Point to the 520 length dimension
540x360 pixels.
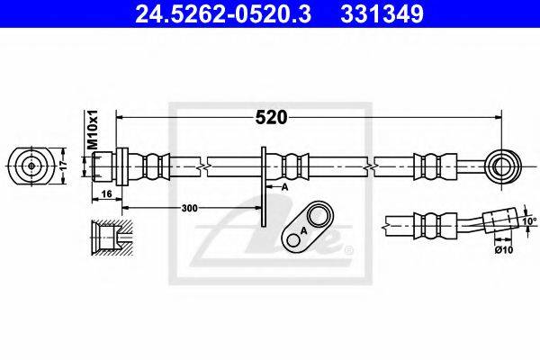270,118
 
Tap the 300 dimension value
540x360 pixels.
189,208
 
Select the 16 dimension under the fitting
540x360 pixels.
106,194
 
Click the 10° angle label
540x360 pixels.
528,220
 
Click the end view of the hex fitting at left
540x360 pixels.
31,166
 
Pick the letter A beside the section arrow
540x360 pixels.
283,187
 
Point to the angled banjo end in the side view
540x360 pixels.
497,220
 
